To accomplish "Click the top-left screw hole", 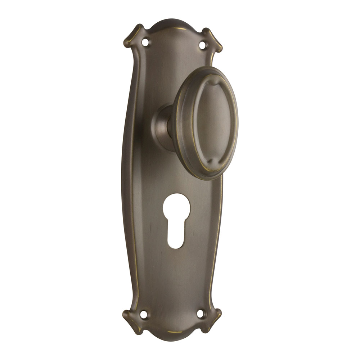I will [x=145, y=42].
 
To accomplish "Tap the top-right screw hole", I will [x=203, y=45].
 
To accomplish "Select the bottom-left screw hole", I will [x=143, y=314].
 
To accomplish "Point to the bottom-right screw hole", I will [x=201, y=313].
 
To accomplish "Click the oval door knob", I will [x=205, y=122].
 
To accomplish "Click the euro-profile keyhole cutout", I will [x=176, y=220].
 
